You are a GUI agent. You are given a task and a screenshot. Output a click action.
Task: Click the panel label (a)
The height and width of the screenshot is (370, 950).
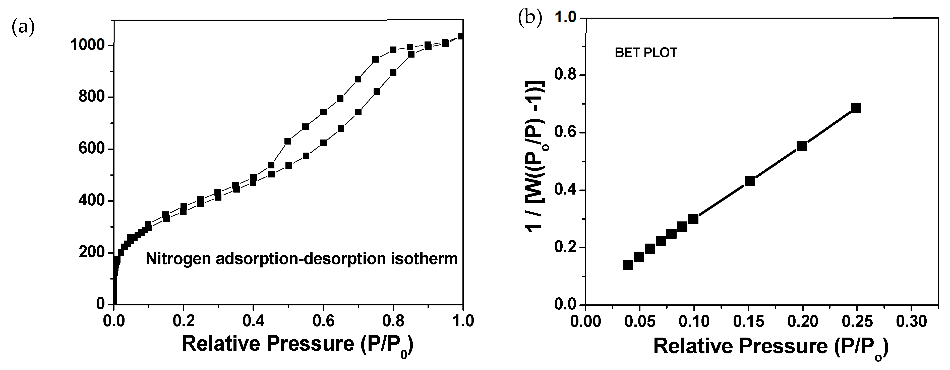coord(23,27)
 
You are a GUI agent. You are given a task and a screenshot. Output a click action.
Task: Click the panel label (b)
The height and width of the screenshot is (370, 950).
coord(530,18)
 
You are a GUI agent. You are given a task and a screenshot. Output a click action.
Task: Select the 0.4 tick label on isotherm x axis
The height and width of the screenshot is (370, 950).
coord(253,321)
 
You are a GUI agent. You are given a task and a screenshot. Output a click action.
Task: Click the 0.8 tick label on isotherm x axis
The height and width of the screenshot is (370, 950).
coord(393,321)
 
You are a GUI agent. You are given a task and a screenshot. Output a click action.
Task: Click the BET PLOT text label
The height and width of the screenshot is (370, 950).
coord(646,53)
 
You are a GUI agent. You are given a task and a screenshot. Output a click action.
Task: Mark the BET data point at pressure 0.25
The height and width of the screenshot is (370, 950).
coord(856,108)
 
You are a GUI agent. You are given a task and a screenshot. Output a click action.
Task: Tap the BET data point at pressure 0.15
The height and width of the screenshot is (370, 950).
coord(749,181)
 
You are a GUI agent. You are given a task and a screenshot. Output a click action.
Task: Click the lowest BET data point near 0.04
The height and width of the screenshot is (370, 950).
coord(627,265)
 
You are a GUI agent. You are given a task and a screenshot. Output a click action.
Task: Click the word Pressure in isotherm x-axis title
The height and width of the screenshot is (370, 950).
coord(310,344)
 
